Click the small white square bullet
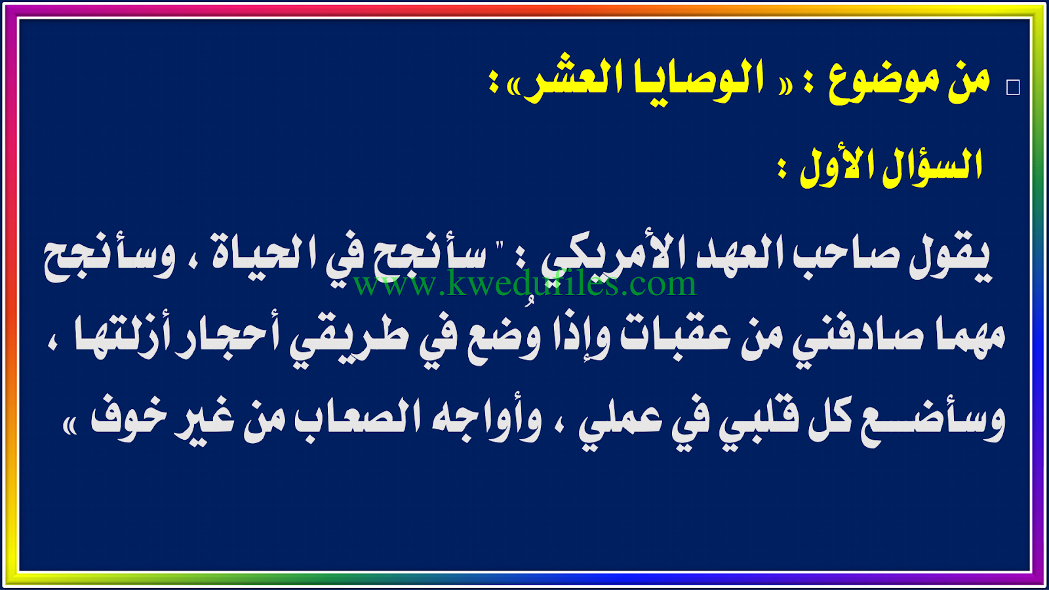click(1013, 88)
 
